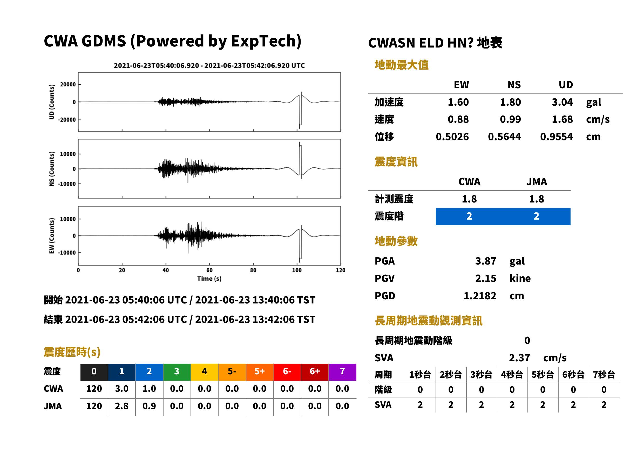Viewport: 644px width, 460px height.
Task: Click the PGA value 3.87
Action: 485,261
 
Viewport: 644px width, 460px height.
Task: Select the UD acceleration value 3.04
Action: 562,102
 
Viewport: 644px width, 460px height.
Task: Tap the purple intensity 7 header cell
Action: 342,371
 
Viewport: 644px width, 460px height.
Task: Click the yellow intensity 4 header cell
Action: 205,371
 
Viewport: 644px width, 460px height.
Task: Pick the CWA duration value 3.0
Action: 121,389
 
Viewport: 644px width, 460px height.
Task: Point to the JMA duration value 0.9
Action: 149,406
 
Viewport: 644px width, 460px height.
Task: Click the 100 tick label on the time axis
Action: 297,270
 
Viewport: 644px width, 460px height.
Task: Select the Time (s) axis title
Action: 209,279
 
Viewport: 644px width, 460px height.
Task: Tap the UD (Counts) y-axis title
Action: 52,102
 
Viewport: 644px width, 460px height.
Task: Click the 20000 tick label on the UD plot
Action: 68,84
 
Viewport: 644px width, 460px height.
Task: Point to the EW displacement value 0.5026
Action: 452,137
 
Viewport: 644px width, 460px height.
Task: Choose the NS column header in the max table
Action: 514,85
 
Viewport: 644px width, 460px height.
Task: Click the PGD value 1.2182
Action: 480,296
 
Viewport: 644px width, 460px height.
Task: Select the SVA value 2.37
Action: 519,358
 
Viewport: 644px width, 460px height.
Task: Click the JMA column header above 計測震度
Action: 537,181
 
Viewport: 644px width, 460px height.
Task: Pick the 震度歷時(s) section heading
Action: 72,352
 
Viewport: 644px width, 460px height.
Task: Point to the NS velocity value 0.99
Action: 510,119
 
